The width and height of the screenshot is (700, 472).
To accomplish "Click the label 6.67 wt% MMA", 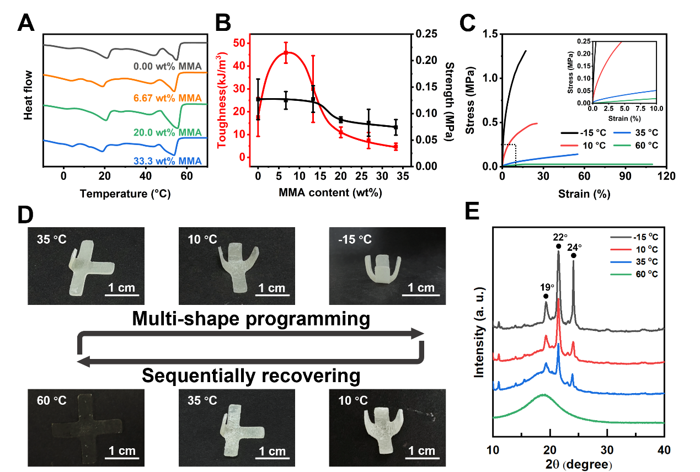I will click(x=167, y=98).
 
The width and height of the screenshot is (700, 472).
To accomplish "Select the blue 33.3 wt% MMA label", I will click(x=167, y=161).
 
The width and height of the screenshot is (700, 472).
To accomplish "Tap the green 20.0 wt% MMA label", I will click(x=167, y=133).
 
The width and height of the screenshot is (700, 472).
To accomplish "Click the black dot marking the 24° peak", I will click(x=574, y=255).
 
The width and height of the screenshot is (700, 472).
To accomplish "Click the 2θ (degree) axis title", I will click(x=578, y=464).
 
